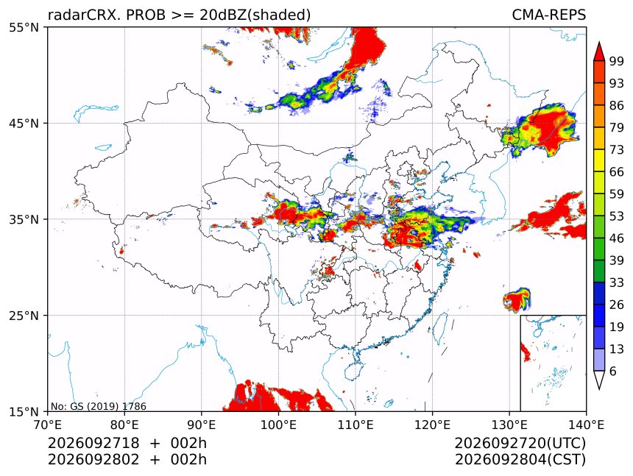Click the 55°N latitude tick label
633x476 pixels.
tap(24, 27)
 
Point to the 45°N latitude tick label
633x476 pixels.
tap(24, 123)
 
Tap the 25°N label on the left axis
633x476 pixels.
tap(24, 316)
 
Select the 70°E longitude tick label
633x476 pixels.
tap(48, 425)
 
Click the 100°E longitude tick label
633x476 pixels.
tap(278, 425)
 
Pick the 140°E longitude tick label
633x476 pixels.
tap(586, 425)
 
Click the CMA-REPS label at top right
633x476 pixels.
tap(548, 15)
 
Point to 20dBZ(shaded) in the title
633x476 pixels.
tap(255, 15)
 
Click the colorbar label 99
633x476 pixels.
tap(617, 61)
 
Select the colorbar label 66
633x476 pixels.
tap(617, 172)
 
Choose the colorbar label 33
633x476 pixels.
tap(617, 283)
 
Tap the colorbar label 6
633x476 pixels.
tap(613, 371)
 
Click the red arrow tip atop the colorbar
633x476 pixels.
tap(599, 43)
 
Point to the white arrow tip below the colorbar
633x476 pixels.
tap(599, 389)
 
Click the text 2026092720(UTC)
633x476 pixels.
tap(520, 444)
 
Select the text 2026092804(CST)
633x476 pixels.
tap(520, 460)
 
